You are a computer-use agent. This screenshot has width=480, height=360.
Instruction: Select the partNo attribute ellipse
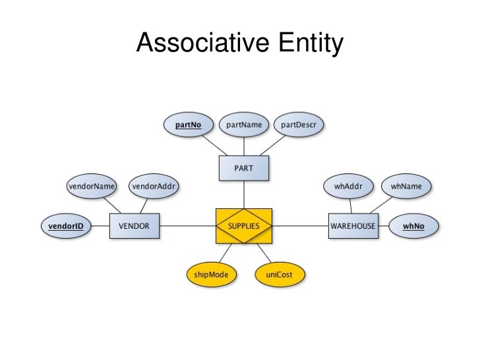click(188, 124)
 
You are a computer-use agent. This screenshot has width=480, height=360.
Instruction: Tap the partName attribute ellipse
click(244, 124)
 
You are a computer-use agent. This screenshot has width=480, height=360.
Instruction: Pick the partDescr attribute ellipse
click(298, 124)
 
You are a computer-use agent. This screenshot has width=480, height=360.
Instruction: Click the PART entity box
click(243, 167)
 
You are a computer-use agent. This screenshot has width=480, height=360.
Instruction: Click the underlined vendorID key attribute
click(66, 225)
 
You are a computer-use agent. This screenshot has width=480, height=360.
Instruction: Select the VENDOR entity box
click(134, 225)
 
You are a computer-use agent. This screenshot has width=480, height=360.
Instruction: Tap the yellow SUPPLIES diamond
click(244, 225)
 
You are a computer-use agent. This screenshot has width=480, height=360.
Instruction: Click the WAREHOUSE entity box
click(353, 225)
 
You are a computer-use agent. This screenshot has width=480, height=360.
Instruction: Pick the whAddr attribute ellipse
click(349, 187)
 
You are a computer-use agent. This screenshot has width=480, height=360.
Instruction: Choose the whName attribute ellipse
click(406, 187)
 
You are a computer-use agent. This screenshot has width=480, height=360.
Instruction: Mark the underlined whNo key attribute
click(413, 225)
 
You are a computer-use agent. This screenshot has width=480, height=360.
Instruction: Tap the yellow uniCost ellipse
click(279, 274)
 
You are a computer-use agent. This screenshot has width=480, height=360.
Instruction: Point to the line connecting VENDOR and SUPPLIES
click(187, 225)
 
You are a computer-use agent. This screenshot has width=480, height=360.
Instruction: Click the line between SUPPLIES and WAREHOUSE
click(300, 225)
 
